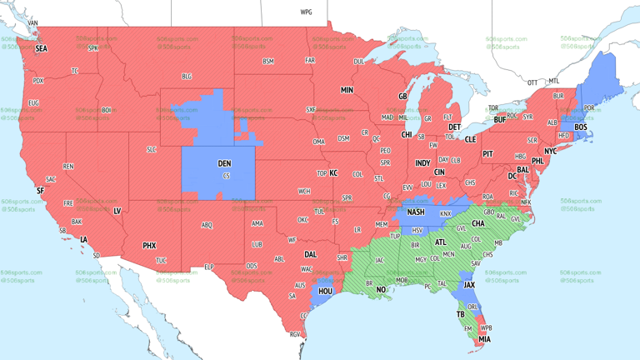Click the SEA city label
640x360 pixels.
coord(41,49)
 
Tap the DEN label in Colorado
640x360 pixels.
coord(224,164)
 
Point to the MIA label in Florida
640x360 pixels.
coord(484,340)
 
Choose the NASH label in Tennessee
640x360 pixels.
coord(416,212)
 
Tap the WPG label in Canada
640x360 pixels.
coord(306,12)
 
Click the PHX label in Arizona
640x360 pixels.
coord(149,246)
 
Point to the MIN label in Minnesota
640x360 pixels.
coord(347,90)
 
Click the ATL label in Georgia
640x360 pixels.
coord(440,242)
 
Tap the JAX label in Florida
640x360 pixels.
coord(469,284)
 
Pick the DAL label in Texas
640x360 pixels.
coord(310,255)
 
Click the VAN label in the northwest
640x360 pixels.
coord(32,23)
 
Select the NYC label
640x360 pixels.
coord(550,152)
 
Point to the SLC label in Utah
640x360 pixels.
coord(151,149)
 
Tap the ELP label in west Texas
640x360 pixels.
coord(209,267)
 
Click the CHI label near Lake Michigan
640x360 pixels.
coord(407,134)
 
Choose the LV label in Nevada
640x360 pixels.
coord(117,212)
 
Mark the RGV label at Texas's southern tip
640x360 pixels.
coord(294,334)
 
